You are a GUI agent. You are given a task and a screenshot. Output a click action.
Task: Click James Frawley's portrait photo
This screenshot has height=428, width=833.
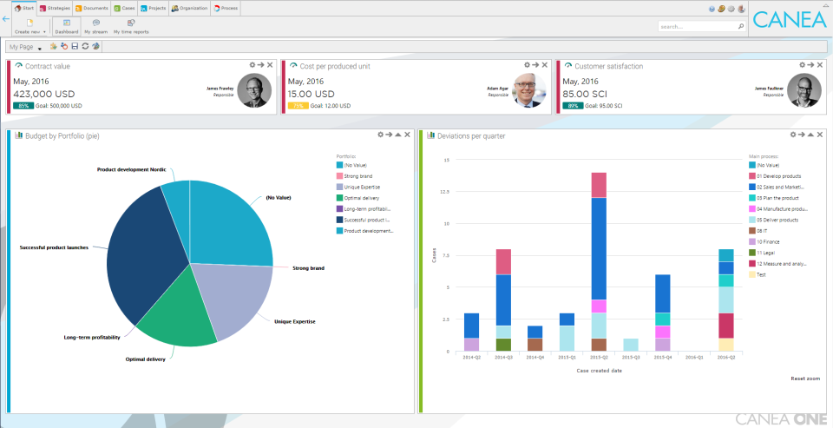pos(254,89)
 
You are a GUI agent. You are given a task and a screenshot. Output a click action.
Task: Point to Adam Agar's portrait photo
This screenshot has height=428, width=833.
pos(529,89)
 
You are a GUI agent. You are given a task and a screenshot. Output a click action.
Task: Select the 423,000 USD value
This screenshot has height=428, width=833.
pos(44,94)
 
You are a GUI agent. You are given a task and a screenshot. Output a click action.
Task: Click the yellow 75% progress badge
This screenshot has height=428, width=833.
pos(298,106)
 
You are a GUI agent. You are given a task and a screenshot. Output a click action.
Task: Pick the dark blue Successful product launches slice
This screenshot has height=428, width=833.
pos(143,252)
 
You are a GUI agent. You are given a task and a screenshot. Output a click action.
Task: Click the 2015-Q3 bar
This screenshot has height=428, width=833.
pos(631,345)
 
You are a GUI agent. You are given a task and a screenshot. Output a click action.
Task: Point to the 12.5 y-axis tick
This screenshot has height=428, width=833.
pos(443,192)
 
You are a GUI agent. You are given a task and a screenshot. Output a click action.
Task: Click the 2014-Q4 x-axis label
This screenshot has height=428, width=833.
pos(535,357)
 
